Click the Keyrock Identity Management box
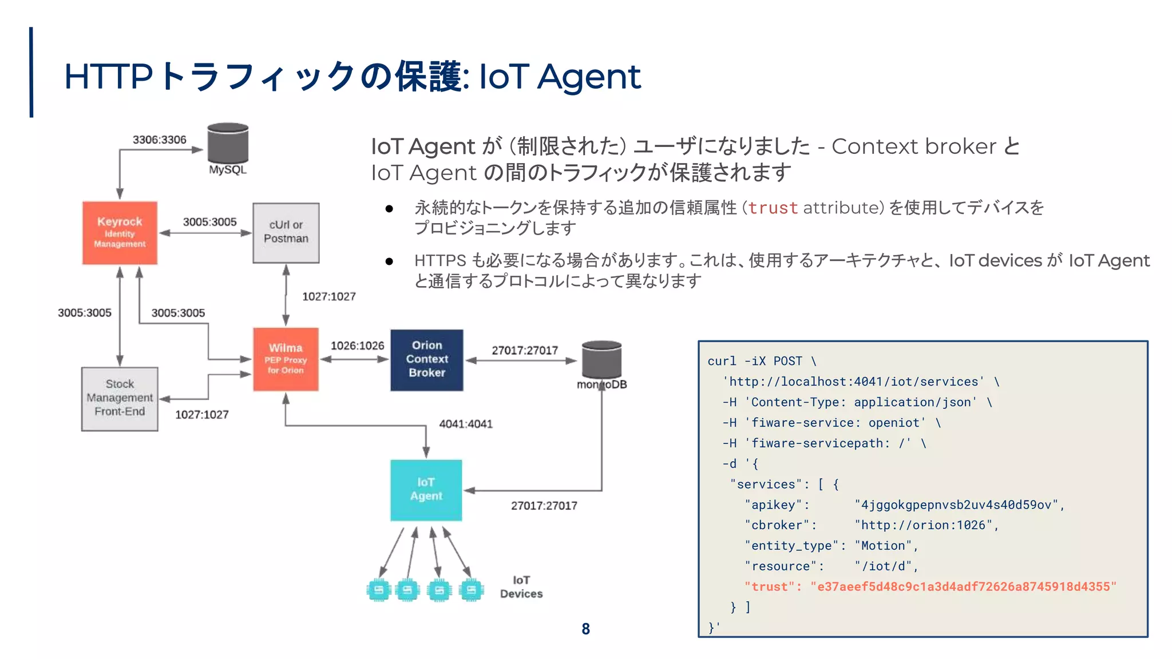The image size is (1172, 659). coord(120,232)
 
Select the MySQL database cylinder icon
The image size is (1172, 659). coord(228,143)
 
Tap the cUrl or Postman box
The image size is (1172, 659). coord(286,232)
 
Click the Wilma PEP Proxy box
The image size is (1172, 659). coord(286,359)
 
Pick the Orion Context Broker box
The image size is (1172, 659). coord(427,359)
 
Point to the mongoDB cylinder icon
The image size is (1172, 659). coord(601,360)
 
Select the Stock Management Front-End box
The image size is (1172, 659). coord(120,398)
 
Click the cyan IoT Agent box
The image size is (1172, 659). coord(426,490)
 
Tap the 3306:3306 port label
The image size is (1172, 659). coord(159,140)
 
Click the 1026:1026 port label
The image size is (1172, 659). coord(357,346)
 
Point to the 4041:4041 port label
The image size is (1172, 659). coord(466,424)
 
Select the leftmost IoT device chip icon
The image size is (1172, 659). coord(378,590)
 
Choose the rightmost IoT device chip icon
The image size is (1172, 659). coord(471,590)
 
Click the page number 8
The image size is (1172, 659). coord(585,629)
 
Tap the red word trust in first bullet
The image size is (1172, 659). coord(773,208)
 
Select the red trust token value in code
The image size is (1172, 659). coord(963,586)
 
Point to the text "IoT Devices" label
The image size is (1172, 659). coord(521,587)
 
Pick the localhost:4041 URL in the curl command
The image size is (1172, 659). coord(853,382)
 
